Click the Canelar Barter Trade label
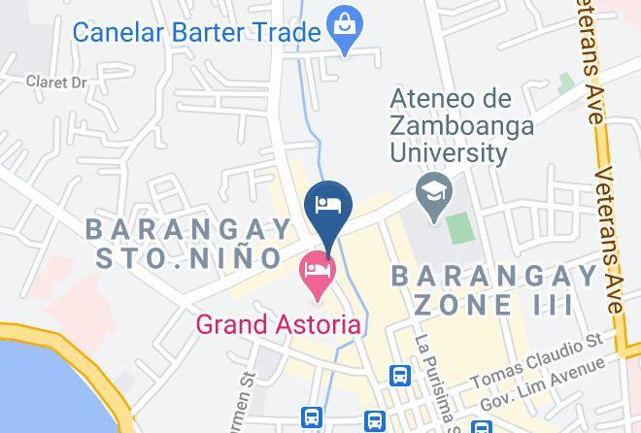(x=197, y=32)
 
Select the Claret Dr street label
(x=57, y=82)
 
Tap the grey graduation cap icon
(x=428, y=187)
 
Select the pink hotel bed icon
(x=317, y=266)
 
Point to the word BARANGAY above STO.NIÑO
(x=188, y=229)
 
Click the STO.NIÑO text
(x=188, y=258)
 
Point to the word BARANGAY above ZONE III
(x=494, y=276)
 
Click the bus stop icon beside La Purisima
(x=398, y=375)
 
